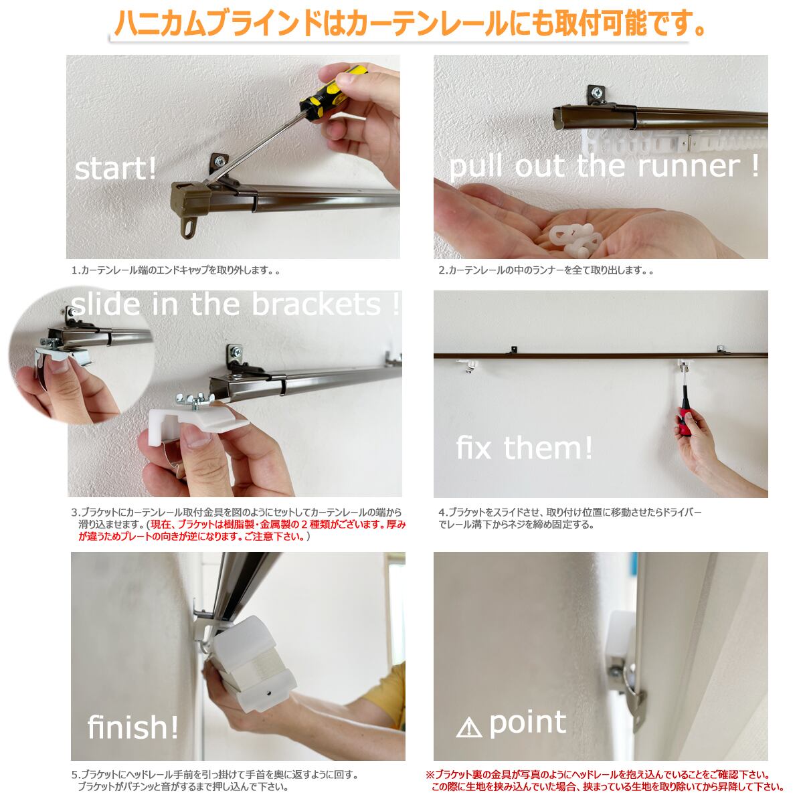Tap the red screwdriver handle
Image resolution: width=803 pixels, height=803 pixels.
point(685,422)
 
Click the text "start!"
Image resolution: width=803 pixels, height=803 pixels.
point(115,169)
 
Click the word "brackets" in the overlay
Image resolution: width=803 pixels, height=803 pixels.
point(317,304)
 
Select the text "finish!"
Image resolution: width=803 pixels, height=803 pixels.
point(133,727)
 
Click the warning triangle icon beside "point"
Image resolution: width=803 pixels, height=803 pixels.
point(469,728)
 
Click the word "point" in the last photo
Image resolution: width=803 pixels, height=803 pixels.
point(527,723)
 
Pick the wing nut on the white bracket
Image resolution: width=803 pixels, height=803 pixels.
point(194,401)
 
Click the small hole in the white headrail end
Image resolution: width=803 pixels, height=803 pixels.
point(268,693)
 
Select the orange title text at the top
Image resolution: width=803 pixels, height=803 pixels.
point(410,23)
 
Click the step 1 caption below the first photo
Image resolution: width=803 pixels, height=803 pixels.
point(175,270)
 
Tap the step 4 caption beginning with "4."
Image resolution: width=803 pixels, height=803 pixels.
point(569,518)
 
